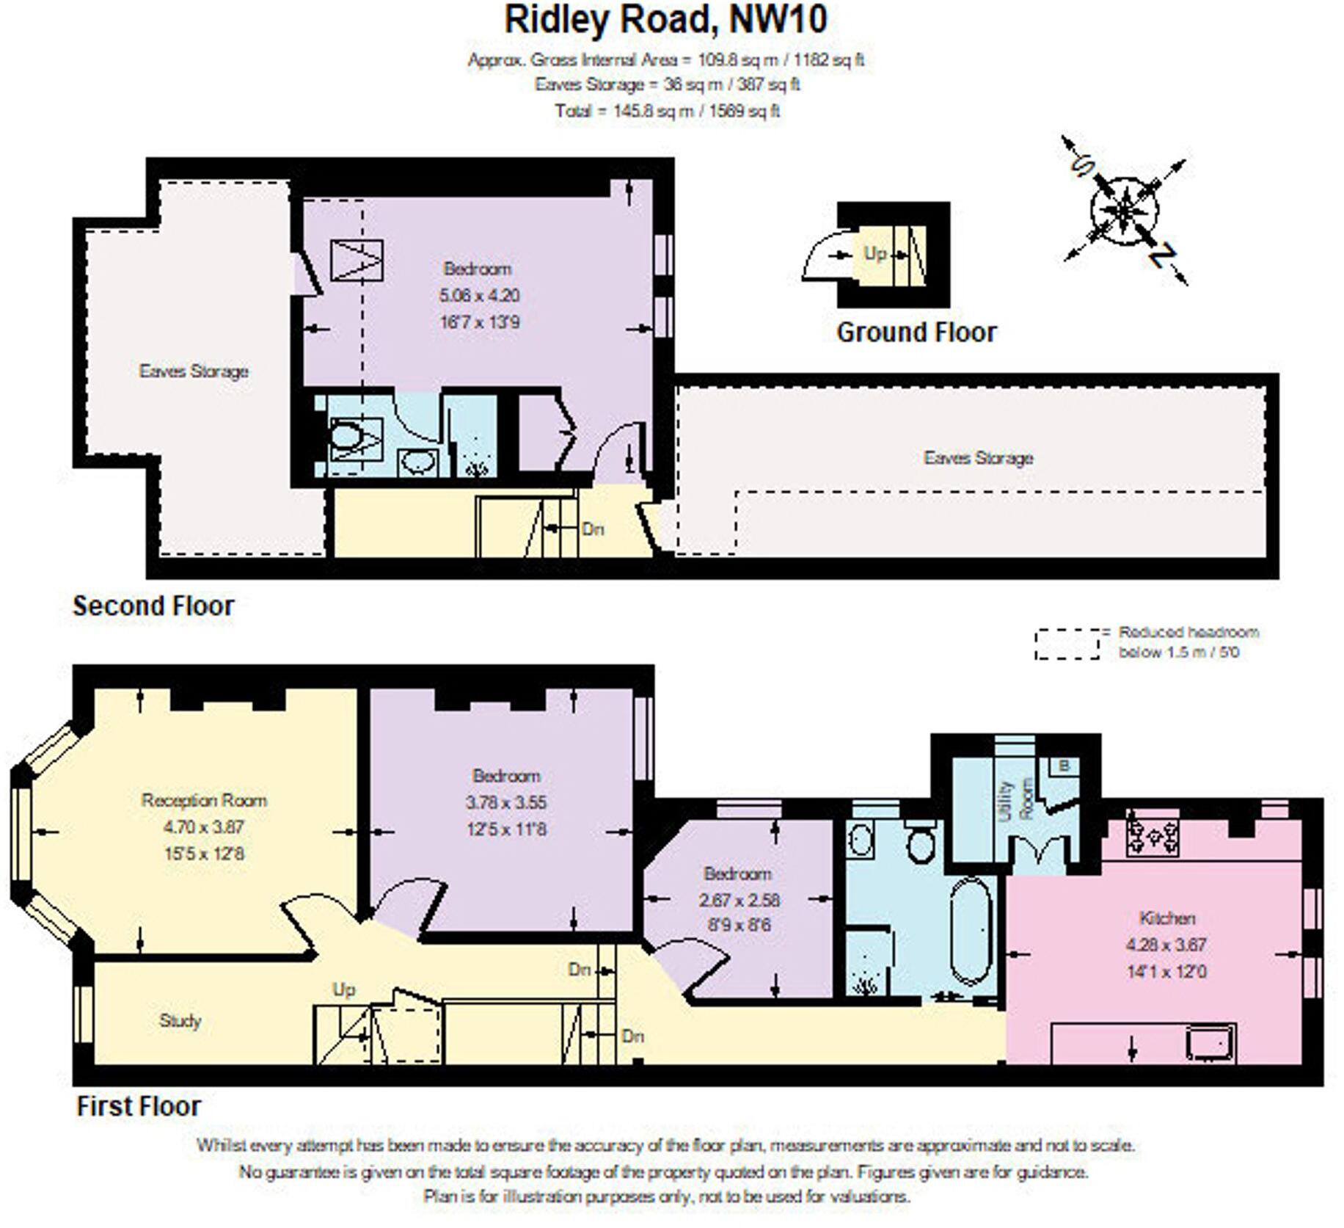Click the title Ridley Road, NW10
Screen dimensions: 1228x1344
pyautogui.click(x=665, y=21)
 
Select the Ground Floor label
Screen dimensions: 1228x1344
pyautogui.click(x=916, y=333)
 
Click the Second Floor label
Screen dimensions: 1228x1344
pyautogui.click(x=153, y=606)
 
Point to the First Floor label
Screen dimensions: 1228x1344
pyautogui.click(x=139, y=1106)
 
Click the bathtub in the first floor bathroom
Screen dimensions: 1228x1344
pyautogui.click(x=971, y=931)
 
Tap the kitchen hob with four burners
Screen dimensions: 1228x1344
pyautogui.click(x=1152, y=838)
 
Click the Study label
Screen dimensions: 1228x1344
pyautogui.click(x=180, y=1021)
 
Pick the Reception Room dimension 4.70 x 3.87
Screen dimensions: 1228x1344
pyautogui.click(x=204, y=827)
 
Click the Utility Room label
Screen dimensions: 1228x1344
pyautogui.click(x=1016, y=800)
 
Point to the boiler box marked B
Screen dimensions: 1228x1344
pyautogui.click(x=1064, y=766)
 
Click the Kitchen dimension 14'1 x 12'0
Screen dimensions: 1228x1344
pyautogui.click(x=1166, y=972)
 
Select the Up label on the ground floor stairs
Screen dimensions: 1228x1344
pyautogui.click(x=874, y=253)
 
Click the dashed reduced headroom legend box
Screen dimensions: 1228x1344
pyautogui.click(x=1067, y=644)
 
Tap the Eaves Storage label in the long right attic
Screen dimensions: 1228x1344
pyautogui.click(x=978, y=458)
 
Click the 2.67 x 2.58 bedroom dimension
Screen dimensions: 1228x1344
pyautogui.click(x=739, y=900)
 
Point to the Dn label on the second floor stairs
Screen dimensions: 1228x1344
pyautogui.click(x=592, y=528)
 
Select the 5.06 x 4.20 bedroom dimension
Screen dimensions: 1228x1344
pyautogui.click(x=479, y=296)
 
